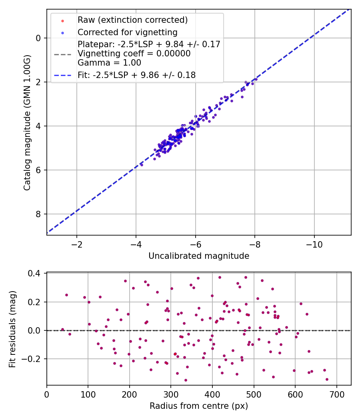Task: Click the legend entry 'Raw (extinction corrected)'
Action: tap(132, 20)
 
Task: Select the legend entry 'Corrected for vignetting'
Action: tap(127, 32)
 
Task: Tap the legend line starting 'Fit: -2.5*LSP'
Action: tap(136, 75)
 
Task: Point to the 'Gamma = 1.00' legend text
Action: tap(109, 63)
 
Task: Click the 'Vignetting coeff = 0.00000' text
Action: tap(134, 54)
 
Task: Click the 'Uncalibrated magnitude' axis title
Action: tap(199, 256)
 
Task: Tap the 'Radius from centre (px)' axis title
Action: tap(199, 406)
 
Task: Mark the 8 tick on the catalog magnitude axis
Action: tap(39, 214)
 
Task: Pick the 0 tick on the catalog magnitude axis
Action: tap(39, 38)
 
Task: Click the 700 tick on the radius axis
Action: tap(336, 394)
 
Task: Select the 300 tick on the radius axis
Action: tap(171, 394)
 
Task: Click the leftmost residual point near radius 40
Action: tap(62, 329)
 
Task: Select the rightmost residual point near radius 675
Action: tap(327, 379)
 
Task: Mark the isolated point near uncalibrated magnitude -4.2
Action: tap(142, 165)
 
